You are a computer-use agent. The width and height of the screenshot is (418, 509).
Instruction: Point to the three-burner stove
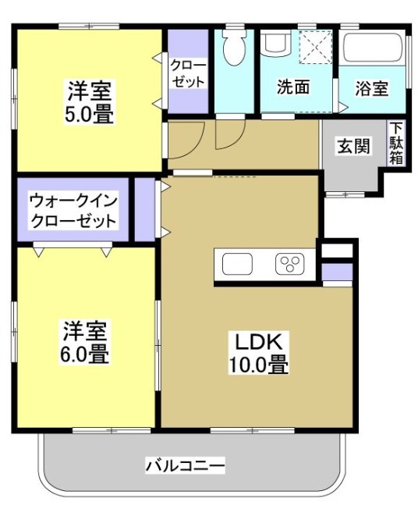(290, 265)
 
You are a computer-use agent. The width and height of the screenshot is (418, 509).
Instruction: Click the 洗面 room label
(293, 87)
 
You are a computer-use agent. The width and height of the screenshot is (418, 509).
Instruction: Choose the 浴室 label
(372, 88)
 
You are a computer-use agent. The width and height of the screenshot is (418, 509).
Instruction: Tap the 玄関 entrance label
(352, 146)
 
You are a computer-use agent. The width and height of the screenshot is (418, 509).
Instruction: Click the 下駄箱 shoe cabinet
(397, 143)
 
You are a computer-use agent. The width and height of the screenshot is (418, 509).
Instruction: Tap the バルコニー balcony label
(186, 467)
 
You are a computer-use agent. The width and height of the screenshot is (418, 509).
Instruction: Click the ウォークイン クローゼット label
(73, 211)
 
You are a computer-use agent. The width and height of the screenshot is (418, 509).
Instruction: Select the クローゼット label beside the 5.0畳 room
(188, 73)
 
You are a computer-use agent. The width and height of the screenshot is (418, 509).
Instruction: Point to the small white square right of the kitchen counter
(337, 251)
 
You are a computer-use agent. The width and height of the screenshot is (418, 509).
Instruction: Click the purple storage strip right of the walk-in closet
(144, 210)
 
